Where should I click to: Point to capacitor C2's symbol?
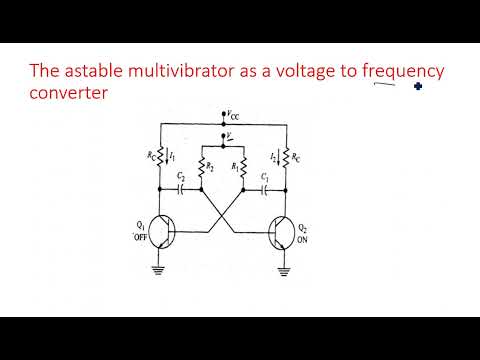(181, 190)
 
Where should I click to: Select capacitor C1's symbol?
(265, 190)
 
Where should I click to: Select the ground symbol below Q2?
(285, 270)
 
